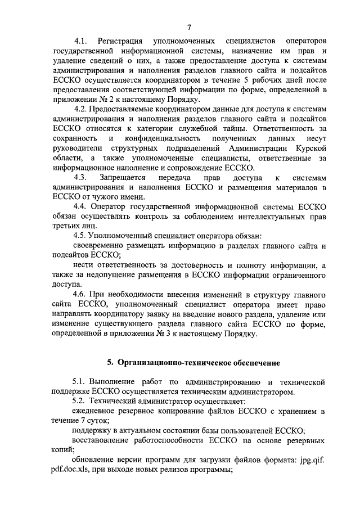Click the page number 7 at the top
pyautogui.click(x=190, y=28)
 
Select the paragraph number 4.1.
pyautogui.click(x=82, y=42)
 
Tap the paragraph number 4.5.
pyautogui.click(x=82, y=237)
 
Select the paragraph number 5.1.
pyautogui.click(x=82, y=382)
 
